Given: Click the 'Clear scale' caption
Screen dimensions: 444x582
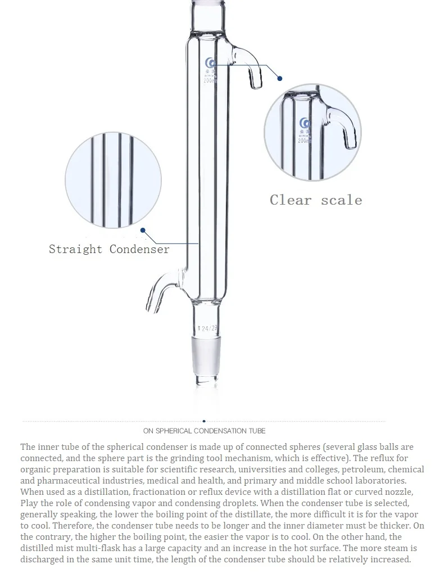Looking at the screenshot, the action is [316, 200].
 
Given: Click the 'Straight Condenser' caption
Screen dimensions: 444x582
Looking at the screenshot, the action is [109, 249].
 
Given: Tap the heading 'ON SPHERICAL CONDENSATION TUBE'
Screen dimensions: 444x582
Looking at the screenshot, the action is [204, 431].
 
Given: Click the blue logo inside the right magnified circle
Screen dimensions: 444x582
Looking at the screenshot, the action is [306, 123].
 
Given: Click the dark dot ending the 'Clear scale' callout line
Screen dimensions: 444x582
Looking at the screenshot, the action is [280, 79].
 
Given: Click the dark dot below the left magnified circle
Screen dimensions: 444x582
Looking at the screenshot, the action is [143, 230].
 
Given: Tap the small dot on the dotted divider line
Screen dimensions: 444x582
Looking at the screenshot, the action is [203, 421].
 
